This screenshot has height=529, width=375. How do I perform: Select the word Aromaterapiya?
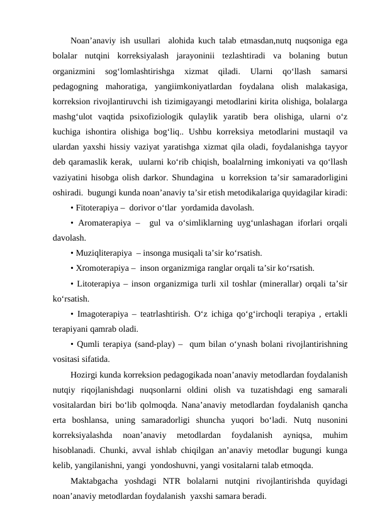point(104,223)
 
